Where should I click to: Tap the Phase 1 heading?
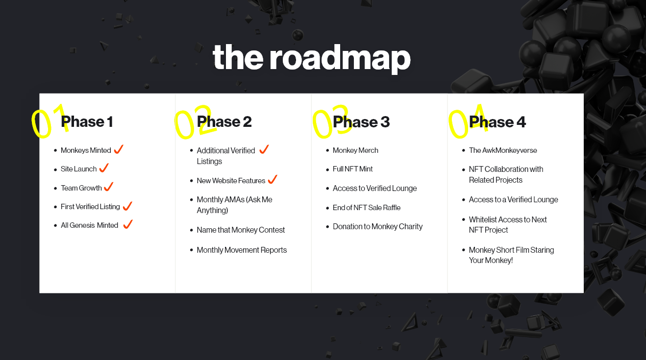[87, 121]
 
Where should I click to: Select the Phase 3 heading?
[361, 121]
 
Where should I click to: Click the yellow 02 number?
[195, 122]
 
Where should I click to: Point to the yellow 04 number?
[468, 121]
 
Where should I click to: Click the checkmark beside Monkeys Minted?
[119, 149]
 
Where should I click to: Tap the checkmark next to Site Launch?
[104, 168]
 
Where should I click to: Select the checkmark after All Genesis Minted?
[128, 224]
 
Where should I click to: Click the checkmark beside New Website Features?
[272, 180]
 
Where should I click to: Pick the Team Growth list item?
[81, 188]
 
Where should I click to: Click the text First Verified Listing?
[90, 207]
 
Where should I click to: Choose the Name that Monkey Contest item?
[241, 230]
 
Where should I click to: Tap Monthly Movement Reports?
[242, 250]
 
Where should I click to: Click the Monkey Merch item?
[355, 150]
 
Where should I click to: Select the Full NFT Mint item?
[353, 169]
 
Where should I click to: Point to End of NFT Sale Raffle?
[367, 208]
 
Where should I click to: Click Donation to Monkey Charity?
[377, 227]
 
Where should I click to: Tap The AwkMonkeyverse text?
[503, 150]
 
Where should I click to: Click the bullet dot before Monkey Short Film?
[464, 250]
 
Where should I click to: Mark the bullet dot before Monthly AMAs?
[191, 200]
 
